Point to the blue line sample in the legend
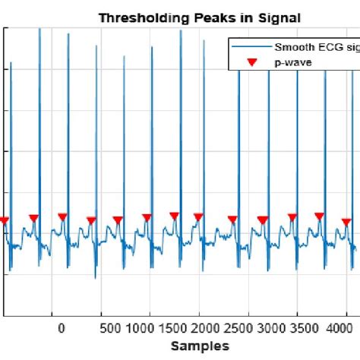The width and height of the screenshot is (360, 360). (251, 47)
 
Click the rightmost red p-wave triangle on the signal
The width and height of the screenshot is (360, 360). (346, 223)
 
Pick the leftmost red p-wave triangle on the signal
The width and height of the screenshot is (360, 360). (4, 221)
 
